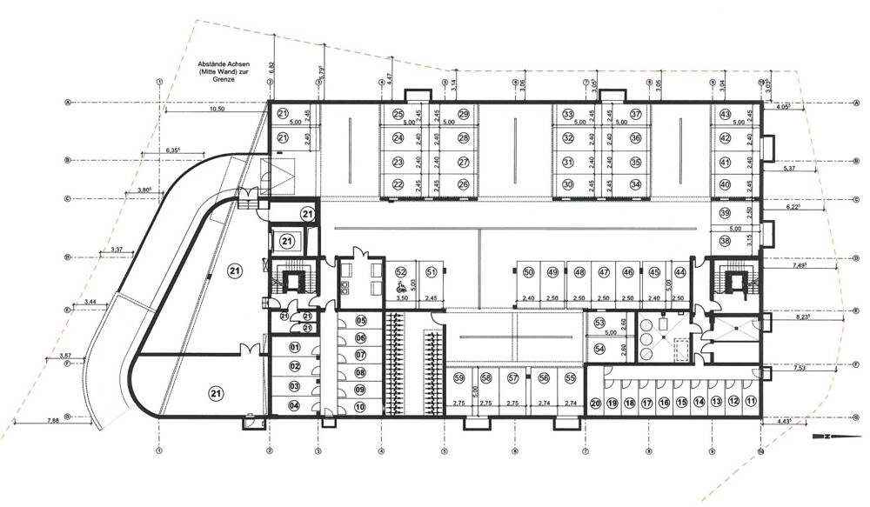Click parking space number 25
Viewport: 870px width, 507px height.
[x=398, y=114]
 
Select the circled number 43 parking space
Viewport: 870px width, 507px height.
[x=725, y=114]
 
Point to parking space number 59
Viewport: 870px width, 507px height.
[x=458, y=377]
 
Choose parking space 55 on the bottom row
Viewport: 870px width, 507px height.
[x=570, y=377]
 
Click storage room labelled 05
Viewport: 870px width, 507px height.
[x=360, y=320]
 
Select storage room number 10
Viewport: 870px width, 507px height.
[x=360, y=406]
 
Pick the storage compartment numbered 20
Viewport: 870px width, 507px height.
[x=596, y=402]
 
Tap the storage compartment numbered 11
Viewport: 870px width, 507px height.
[x=751, y=402]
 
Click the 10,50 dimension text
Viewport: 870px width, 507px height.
[x=216, y=110]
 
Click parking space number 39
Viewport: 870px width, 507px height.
[x=725, y=214]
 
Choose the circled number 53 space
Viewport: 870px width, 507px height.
[x=599, y=322]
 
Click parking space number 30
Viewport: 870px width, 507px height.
[x=567, y=184]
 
